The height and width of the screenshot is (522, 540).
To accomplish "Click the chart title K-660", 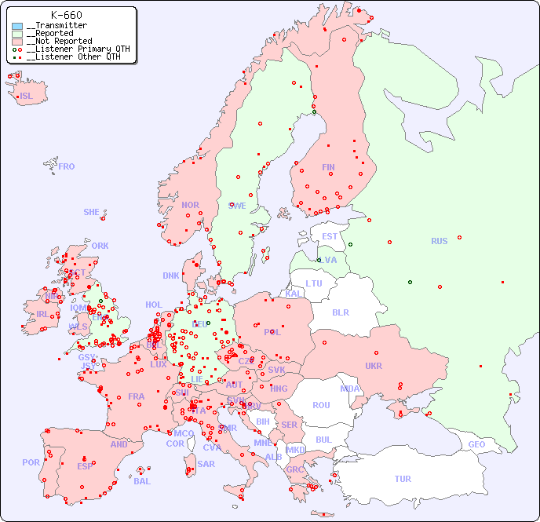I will pyautogui.click(x=66, y=15).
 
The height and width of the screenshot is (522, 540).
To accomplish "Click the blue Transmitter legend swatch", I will pyautogui.click(x=17, y=26).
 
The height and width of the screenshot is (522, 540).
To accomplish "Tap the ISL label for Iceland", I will pyautogui.click(x=27, y=97).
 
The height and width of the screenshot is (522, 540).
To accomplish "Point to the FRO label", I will pyautogui.click(x=67, y=166).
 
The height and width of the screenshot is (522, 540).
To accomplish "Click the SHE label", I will pyautogui.click(x=91, y=212).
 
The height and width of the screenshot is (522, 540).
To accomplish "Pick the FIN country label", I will pyautogui.click(x=328, y=167).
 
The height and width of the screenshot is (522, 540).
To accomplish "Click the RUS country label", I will pyautogui.click(x=439, y=241).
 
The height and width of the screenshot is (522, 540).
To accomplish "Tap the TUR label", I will pyautogui.click(x=403, y=479).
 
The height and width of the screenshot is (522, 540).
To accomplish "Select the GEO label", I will pyautogui.click(x=476, y=444).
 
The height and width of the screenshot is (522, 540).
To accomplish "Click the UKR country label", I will pyautogui.click(x=373, y=366).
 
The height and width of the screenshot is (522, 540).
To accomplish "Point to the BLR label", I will pyautogui.click(x=340, y=312).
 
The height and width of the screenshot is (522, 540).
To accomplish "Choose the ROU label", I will pyautogui.click(x=321, y=405).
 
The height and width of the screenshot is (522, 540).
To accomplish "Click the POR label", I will pyautogui.click(x=31, y=462).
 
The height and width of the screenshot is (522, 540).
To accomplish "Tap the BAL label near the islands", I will pyautogui.click(x=142, y=481).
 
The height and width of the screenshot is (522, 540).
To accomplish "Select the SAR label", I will pyautogui.click(x=206, y=464).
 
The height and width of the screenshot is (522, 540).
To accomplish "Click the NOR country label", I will pyautogui.click(x=190, y=205).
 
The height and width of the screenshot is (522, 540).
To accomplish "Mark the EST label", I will pyautogui.click(x=330, y=236).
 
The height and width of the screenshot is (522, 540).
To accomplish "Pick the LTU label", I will pyautogui.click(x=314, y=283).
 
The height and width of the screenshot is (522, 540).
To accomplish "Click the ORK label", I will pyautogui.click(x=100, y=246).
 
